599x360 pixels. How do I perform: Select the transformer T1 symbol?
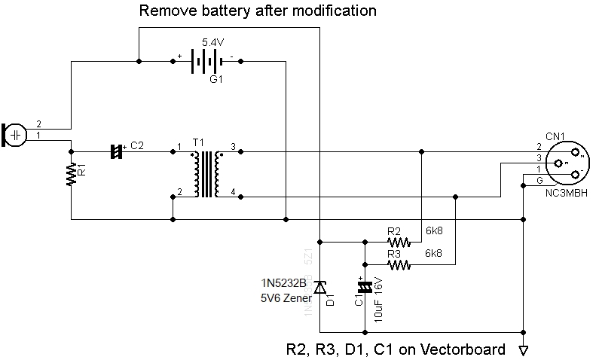(206, 174)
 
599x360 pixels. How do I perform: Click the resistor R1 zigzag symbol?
(71, 175)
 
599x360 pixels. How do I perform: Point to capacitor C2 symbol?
(115, 151)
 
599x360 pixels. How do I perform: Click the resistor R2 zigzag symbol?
(399, 243)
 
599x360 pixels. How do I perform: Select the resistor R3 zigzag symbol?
(399, 265)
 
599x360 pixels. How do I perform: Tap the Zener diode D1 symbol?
(320, 288)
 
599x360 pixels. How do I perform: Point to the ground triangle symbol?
(523, 350)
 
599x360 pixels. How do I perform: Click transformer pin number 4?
(234, 195)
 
